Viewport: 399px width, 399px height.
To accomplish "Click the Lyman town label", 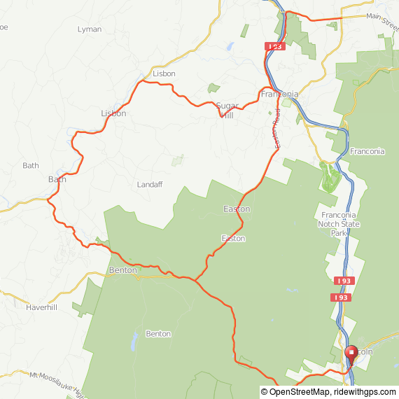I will pyautogui.click(x=90, y=29).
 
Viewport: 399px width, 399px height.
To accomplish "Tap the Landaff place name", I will pyautogui.click(x=150, y=185).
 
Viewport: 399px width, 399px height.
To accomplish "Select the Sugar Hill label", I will pyautogui.click(x=227, y=110).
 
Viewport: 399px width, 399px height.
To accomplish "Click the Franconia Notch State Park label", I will pyautogui.click(x=337, y=223).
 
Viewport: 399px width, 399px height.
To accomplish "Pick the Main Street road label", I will pyautogui.click(x=381, y=19).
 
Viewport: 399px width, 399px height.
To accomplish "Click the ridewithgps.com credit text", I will pyautogui.click(x=367, y=392).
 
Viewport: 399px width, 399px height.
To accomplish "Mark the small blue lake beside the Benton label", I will pyautogui.click(x=132, y=342).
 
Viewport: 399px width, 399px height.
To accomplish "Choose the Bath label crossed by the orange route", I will pyautogui.click(x=57, y=179).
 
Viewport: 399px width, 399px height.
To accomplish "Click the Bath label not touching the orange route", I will pyautogui.click(x=31, y=166).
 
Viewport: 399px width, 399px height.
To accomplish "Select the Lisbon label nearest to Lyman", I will pyautogui.click(x=163, y=73).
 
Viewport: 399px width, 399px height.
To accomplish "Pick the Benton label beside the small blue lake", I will pyautogui.click(x=158, y=334).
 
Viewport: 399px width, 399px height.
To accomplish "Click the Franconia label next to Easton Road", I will pyautogui.click(x=279, y=94).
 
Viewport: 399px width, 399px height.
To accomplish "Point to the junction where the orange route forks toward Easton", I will pyautogui.click(x=195, y=280).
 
